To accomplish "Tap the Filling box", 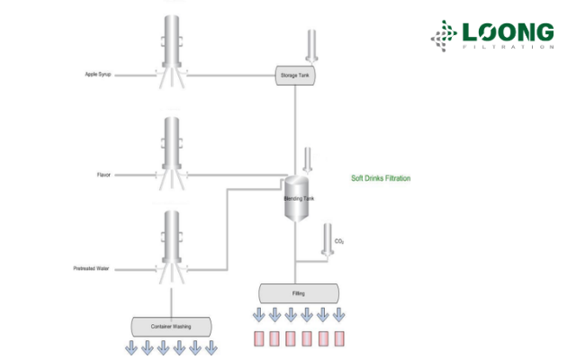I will click(299, 293).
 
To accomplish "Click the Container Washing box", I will click(171, 327).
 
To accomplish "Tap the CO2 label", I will click(339, 241).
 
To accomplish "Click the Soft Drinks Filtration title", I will click(381, 178).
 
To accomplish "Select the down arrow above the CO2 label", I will click(326, 238).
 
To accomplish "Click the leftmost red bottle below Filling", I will click(258, 339).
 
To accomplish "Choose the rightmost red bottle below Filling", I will click(339, 339).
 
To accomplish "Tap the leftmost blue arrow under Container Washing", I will click(130, 348).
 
